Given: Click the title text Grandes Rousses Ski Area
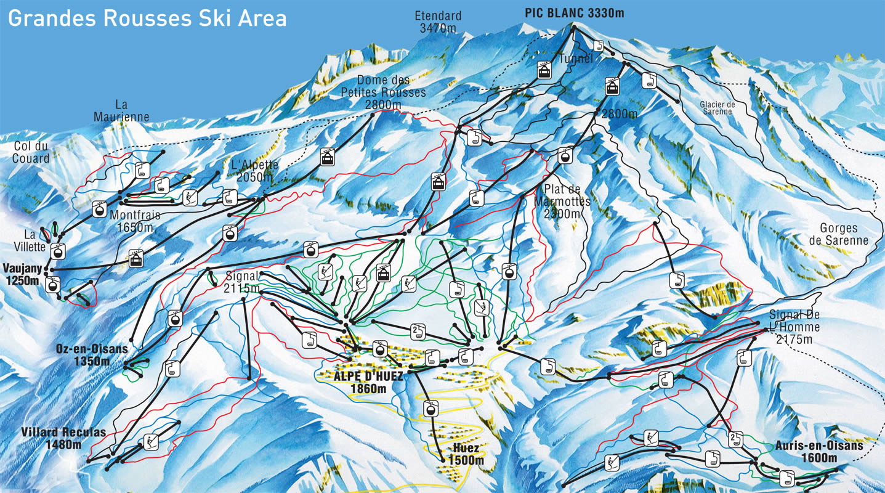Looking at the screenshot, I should pos(147,18).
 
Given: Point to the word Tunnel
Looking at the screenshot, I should pos(576,59).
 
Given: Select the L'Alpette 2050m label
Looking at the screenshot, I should pos(255,171).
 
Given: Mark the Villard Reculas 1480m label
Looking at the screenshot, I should pos(63,438).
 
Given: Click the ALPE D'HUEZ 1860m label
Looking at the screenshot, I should pos(368,383).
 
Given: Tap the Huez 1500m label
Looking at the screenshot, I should pos(465,454).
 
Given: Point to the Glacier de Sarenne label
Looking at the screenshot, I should pos(717,108).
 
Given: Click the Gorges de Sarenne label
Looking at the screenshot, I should pos(843,235).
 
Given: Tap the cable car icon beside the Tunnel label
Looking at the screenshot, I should pos(544,70).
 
